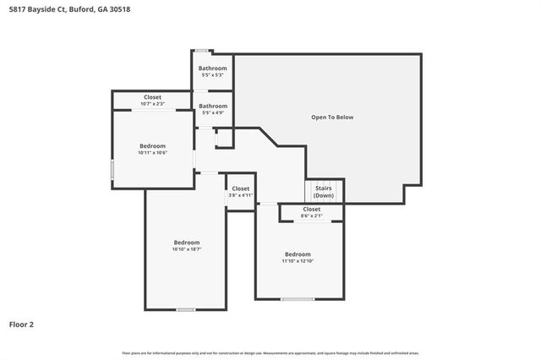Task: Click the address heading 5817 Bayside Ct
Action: (x=69, y=9)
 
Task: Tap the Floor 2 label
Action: (x=21, y=324)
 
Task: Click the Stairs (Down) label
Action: (x=324, y=192)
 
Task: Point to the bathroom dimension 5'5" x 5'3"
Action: (x=212, y=75)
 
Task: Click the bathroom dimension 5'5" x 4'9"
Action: (x=212, y=112)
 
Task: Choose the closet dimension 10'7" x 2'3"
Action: (x=152, y=104)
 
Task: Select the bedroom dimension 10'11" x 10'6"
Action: (x=152, y=152)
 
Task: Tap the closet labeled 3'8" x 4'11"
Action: (x=240, y=195)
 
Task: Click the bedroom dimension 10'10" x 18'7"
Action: (x=186, y=249)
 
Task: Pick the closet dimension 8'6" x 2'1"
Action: (x=311, y=215)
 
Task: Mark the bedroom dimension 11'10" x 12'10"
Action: (x=298, y=261)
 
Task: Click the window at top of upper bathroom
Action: (x=202, y=52)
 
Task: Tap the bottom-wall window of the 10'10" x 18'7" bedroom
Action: (x=186, y=309)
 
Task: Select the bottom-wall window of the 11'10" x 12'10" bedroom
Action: (x=298, y=299)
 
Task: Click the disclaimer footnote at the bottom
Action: (x=270, y=352)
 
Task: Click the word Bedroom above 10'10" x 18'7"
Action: (x=186, y=243)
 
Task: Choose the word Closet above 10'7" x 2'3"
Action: (x=152, y=97)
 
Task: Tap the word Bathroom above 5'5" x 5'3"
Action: (x=212, y=68)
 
